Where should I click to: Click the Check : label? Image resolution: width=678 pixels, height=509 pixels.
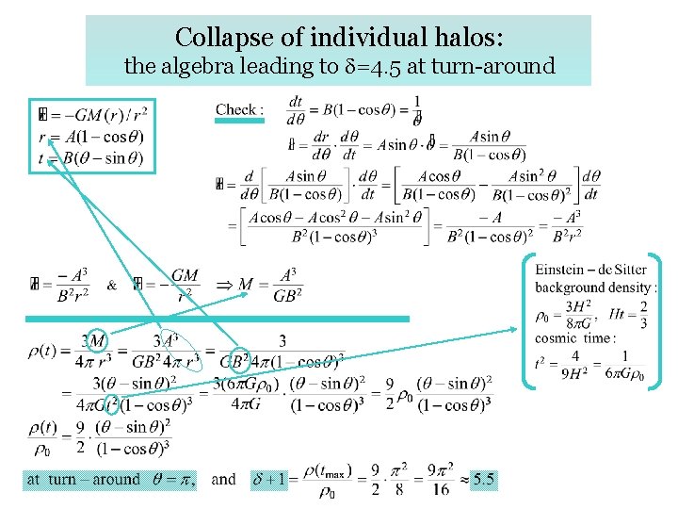240,109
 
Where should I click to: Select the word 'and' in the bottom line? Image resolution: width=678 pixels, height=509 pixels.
224,480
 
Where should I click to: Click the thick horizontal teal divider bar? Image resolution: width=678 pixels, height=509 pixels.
217,320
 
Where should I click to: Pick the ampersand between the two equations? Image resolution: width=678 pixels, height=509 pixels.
112,285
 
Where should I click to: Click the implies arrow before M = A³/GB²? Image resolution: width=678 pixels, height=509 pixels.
225,285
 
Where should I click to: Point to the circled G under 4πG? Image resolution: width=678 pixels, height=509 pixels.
112,406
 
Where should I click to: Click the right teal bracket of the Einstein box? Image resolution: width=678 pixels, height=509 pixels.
656,320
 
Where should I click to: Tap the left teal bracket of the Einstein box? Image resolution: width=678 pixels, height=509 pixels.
528,320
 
